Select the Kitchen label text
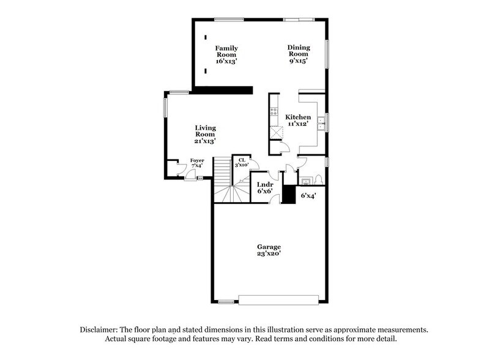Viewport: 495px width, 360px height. click(x=298, y=117)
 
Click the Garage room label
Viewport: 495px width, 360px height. click(x=269, y=246)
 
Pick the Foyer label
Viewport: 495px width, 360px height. click(x=197, y=160)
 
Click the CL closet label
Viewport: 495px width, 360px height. click(x=242, y=160)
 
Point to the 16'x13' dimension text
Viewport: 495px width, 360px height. click(x=226, y=61)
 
